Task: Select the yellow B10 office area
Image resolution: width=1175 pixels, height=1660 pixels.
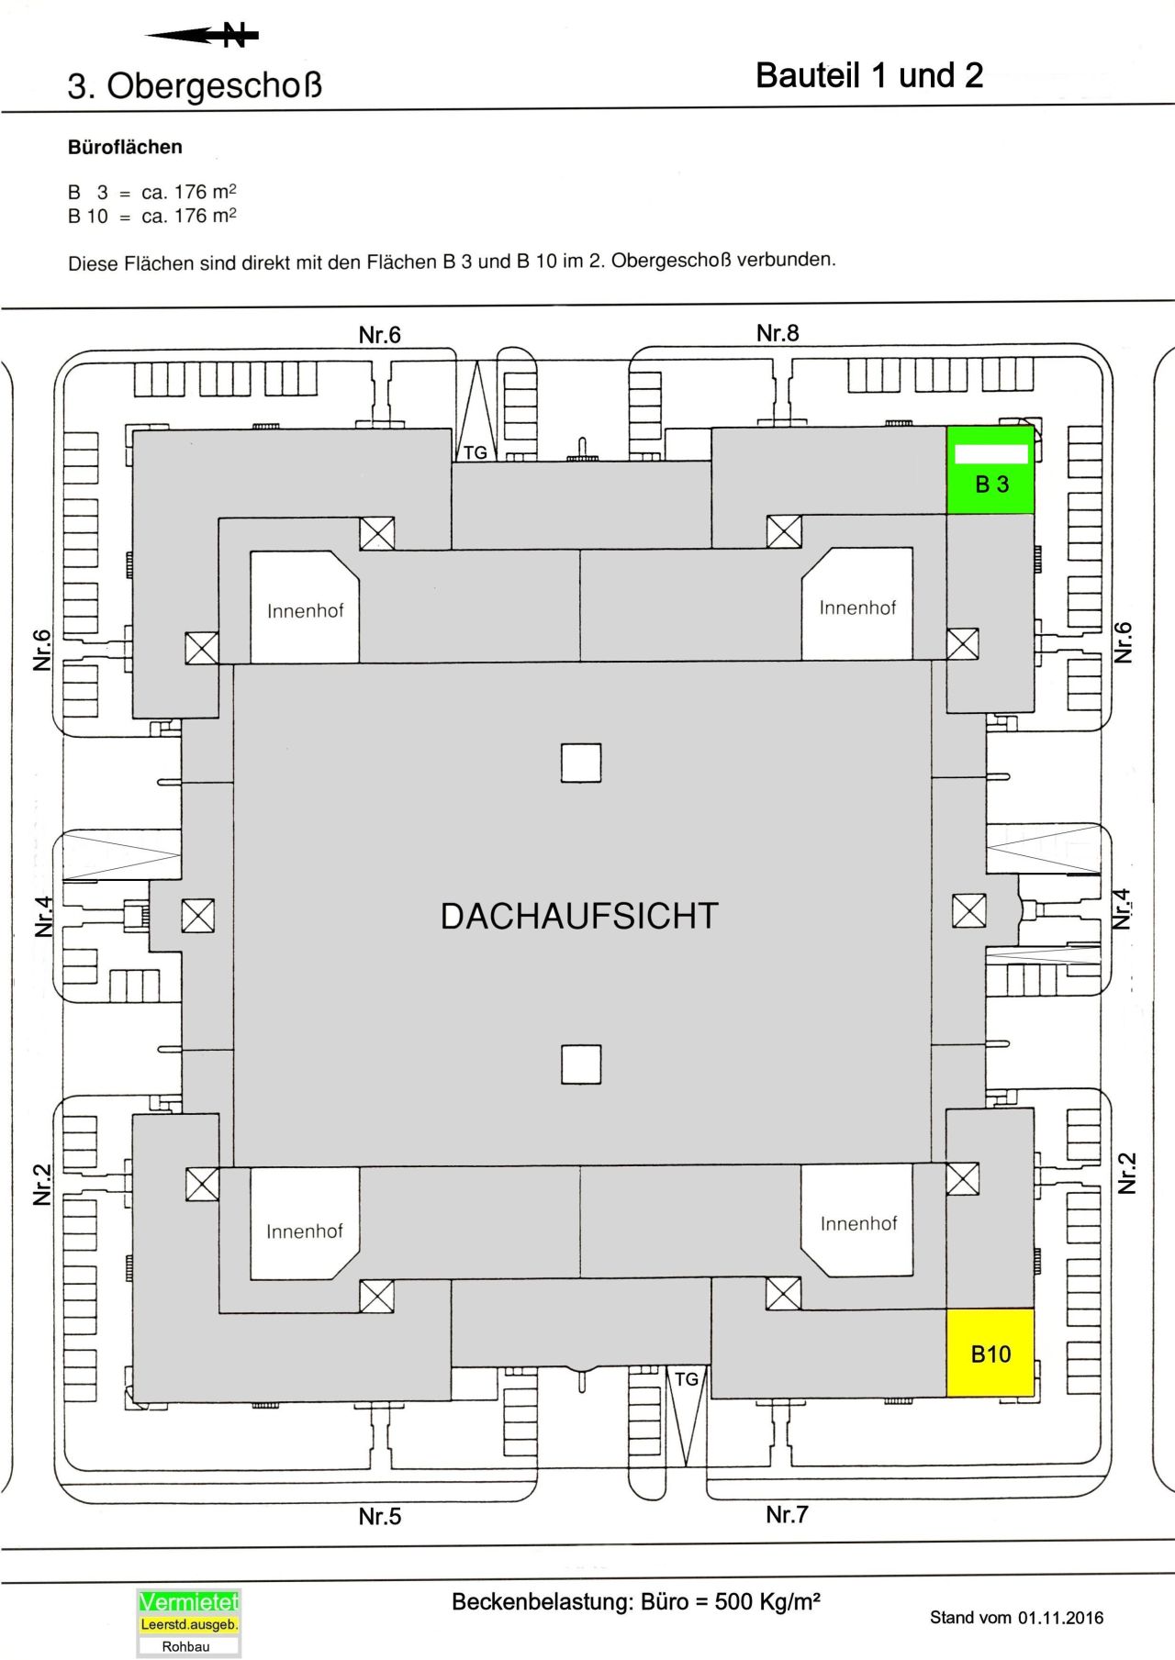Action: coord(990,1353)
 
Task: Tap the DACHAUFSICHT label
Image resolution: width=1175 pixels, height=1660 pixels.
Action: coord(579,916)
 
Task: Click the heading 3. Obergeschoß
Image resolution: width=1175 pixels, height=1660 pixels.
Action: coord(195,86)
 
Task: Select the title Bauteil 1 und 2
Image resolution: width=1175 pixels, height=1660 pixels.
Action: coord(868,75)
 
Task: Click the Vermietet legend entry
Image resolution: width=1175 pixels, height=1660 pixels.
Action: coord(188,1602)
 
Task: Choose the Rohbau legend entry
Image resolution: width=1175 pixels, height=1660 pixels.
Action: coord(186,1646)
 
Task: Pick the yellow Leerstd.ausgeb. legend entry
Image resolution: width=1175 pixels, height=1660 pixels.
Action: coord(189,1624)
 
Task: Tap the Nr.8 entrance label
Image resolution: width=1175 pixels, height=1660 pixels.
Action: coord(778,333)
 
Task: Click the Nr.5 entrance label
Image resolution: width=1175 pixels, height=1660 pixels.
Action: coord(379,1516)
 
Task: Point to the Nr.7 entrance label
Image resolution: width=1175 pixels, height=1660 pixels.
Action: coord(787,1514)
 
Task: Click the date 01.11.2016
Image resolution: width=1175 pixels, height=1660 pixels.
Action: coord(1060,1617)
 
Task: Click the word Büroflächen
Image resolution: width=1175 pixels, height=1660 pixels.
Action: coord(125,147)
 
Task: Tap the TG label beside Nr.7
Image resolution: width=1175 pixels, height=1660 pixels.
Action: coord(687,1379)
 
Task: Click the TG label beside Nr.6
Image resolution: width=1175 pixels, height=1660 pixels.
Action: coord(476,452)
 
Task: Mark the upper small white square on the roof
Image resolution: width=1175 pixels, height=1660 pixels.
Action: coord(581,763)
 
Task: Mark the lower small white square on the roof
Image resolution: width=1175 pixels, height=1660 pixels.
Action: coord(581,1064)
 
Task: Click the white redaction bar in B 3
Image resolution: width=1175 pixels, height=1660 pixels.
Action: coord(991,453)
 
